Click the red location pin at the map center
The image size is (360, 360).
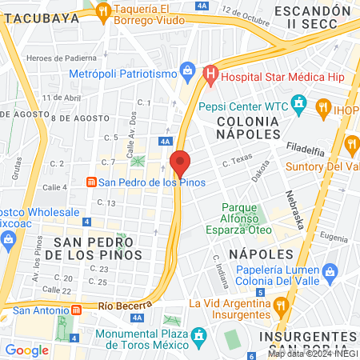(180, 163)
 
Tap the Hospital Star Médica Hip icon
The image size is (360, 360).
(210, 77)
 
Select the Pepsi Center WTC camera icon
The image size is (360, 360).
(299, 103)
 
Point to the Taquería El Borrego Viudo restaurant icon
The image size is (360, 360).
(102, 11)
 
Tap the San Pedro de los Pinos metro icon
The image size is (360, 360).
(91, 182)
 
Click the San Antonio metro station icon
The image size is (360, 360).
(77, 310)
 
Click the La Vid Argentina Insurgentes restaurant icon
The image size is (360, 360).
(279, 304)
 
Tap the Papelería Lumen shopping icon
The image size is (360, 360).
(327, 274)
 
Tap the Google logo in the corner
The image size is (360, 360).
(26, 349)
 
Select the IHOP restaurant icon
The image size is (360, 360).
(323, 106)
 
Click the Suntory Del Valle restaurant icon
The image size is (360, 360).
(351, 144)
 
